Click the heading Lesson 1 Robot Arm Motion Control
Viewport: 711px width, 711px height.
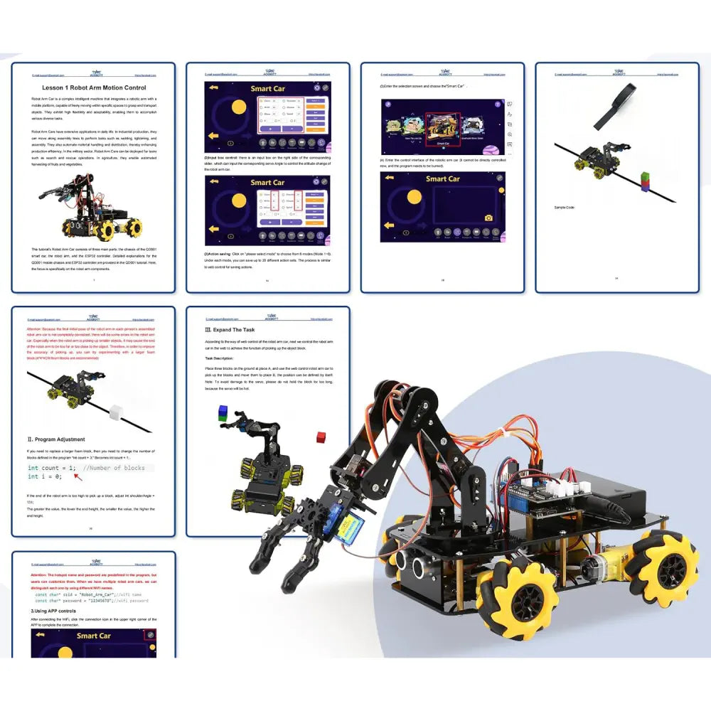(94, 87)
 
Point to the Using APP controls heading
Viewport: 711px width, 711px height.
(53, 611)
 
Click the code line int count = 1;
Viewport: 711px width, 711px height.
(51, 468)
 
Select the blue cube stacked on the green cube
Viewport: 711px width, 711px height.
(223, 411)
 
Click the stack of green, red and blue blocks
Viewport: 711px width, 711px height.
(644, 181)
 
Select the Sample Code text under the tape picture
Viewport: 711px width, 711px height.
(565, 207)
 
